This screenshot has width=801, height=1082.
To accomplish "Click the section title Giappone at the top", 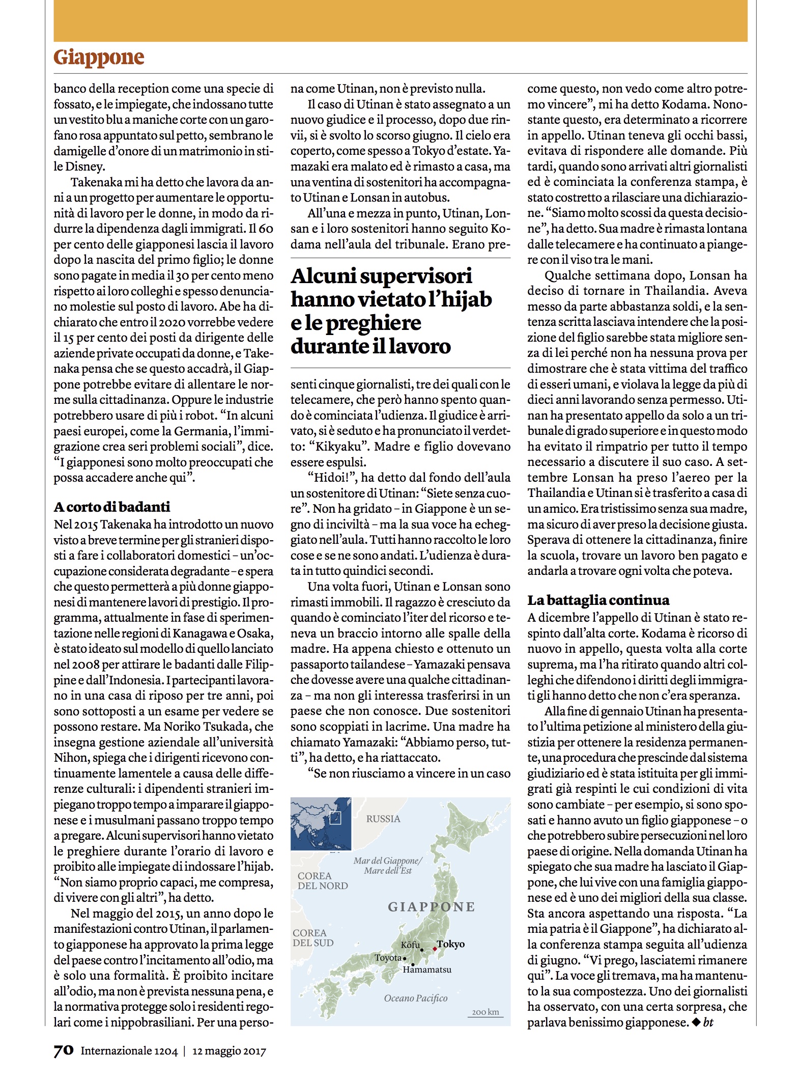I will coord(99,58).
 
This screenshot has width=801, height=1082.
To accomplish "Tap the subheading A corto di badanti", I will coord(112,507).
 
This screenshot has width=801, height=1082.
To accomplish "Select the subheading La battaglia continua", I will coord(598,600).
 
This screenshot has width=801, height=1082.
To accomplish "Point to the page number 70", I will coord(64,1050).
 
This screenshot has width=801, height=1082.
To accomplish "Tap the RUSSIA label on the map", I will coord(383,819).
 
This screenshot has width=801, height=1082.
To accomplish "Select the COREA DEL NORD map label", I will coord(323,881).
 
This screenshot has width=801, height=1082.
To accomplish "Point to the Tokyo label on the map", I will coord(451,944).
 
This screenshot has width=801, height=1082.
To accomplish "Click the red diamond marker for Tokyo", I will coord(435,949).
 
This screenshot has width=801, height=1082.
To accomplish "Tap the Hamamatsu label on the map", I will coord(427,969).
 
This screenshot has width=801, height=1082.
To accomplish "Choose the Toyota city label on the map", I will coord(388,958).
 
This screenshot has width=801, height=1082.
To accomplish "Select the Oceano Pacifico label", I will coord(416,998).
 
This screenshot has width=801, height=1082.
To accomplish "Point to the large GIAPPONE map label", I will coord(431,906).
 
